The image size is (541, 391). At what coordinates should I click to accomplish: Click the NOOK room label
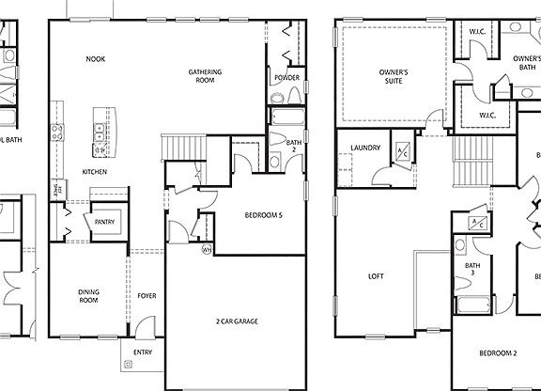95,58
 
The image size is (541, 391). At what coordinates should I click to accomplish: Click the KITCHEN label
95,172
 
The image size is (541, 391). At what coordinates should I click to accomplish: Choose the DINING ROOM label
89,296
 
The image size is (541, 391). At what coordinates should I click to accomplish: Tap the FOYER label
147,296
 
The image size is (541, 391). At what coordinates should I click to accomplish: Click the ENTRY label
143,353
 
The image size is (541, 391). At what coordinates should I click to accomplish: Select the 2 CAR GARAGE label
237,321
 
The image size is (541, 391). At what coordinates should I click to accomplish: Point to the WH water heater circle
207,250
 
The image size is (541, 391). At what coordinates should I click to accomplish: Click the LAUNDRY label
364,148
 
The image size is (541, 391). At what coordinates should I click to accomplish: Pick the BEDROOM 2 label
498,353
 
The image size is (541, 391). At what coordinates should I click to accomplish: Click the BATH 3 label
472,271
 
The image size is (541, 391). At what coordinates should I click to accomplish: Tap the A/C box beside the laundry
401,152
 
